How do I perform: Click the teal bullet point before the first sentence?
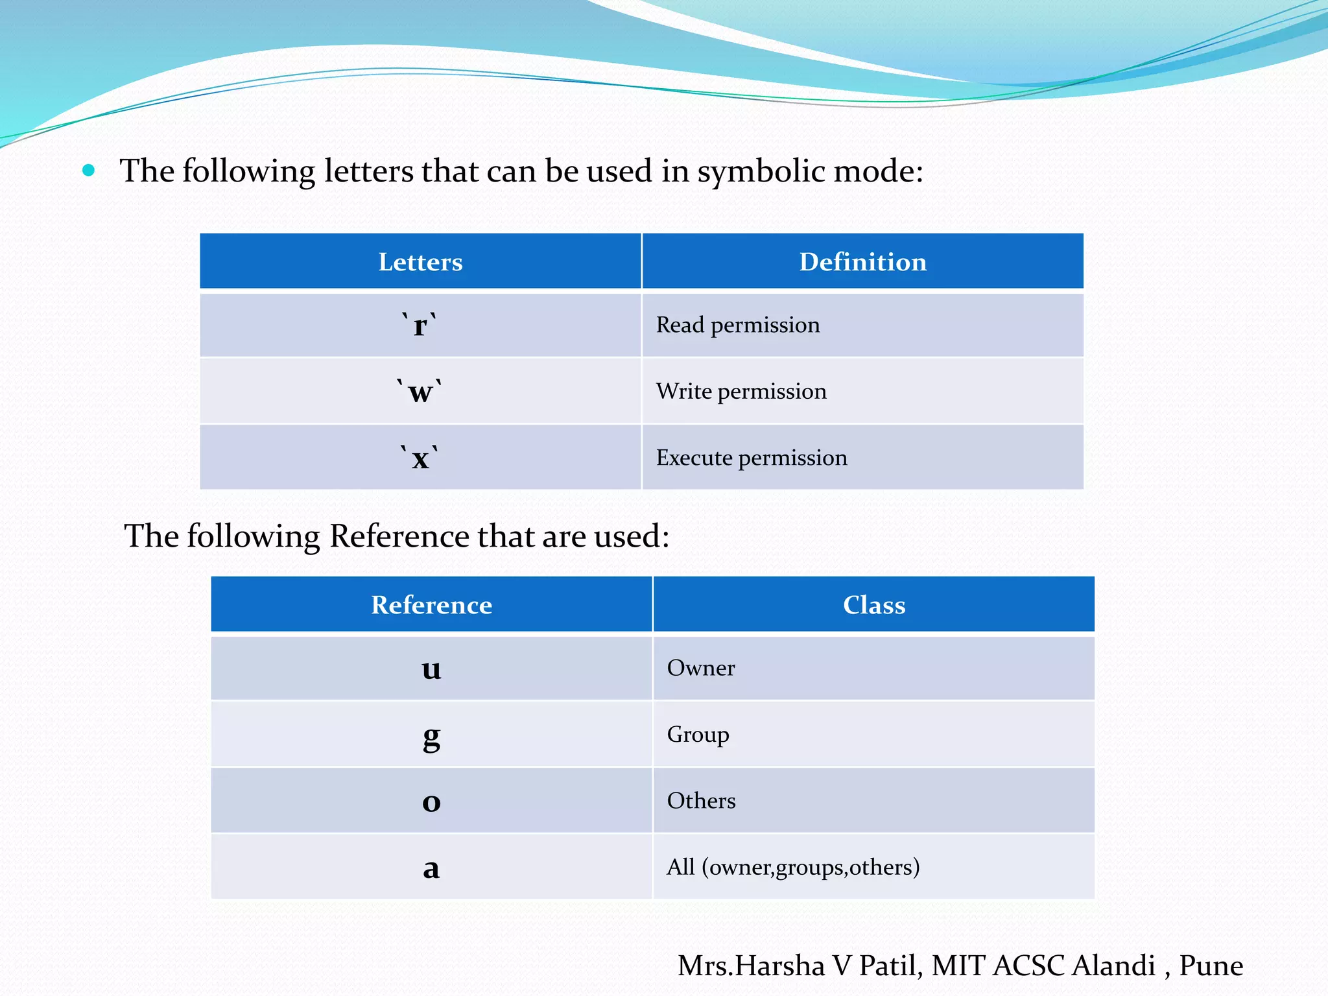pos(89,171)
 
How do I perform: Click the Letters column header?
pos(420,261)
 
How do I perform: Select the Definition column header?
pos(862,261)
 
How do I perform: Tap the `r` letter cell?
pos(420,325)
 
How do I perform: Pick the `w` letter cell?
pos(420,392)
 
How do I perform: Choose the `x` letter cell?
pos(420,458)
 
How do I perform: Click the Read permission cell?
pos(738,325)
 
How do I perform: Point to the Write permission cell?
pos(741,392)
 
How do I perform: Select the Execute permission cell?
pos(752,458)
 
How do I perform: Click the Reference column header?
pos(431,604)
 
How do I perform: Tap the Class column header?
pos(873,604)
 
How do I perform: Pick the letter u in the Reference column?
pos(431,669)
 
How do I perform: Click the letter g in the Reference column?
pos(431,736)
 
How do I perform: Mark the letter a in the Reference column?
pos(431,868)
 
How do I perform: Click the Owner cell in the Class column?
pos(701,668)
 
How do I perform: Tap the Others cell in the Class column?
pos(701,801)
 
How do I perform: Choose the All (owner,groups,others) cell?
pos(793,867)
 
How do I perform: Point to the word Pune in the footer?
pos(1211,966)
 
